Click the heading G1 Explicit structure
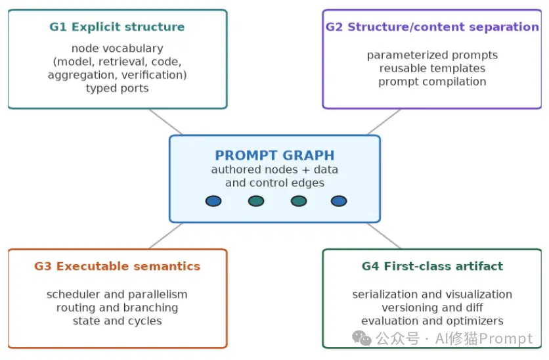pos(117,27)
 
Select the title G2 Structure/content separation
pos(432,27)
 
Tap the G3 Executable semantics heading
pos(117,266)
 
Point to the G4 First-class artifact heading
pos(432,266)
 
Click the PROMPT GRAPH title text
pos(275,155)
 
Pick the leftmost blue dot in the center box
pos(213,201)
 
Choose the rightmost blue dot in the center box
pos(339,201)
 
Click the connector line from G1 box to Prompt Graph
pos(165,122)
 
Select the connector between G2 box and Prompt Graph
pos(384,122)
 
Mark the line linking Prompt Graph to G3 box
pos(165,236)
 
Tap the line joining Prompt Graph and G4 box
pos(384,236)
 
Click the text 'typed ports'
pos(118,88)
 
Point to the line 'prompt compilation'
pos(432,81)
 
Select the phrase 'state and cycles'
pos(118,321)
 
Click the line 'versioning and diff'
pos(432,307)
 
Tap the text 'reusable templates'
pos(432,68)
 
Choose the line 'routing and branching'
pos(118,307)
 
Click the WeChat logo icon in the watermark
pos(362,338)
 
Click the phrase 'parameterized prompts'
pos(432,55)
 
